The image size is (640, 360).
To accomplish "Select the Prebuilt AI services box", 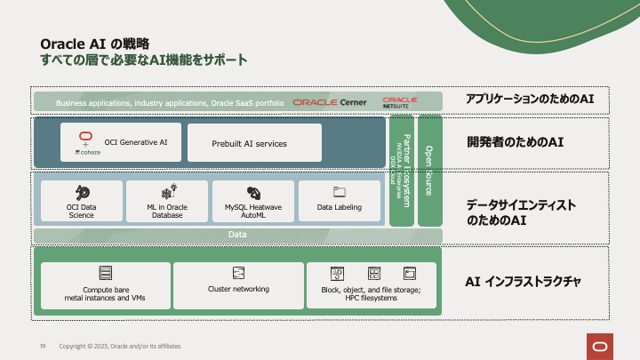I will (254, 143).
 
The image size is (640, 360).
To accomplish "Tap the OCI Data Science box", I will (81, 201).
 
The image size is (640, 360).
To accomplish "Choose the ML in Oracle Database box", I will (166, 201).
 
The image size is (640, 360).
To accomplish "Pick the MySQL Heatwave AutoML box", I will (253, 201).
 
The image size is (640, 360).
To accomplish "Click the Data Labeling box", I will (340, 201).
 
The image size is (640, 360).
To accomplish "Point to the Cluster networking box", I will (237, 285).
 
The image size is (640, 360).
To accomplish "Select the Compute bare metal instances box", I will (105, 285).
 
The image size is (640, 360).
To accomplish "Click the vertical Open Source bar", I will (430, 170).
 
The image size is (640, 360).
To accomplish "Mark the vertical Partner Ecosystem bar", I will (402, 170).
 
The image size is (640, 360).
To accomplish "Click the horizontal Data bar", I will (237, 235).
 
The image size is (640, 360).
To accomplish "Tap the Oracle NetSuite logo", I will (400, 101).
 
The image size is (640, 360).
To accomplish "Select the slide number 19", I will (42, 345).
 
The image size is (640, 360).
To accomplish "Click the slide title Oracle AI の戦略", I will (95, 43).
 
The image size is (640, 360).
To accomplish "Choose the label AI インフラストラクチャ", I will (524, 282).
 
